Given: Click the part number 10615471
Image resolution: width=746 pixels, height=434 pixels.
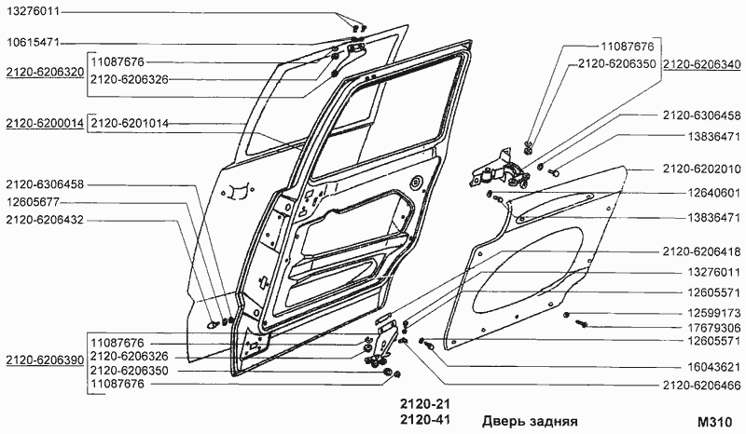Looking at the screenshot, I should (x=35, y=43).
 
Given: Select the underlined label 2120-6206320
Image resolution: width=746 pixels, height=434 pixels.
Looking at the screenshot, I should (x=45, y=70).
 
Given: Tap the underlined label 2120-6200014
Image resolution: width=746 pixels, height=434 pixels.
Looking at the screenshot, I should (x=45, y=123).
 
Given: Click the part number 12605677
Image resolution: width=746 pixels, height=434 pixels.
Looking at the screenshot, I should (x=35, y=201).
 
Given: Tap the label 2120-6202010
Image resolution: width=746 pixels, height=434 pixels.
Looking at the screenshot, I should (x=701, y=169).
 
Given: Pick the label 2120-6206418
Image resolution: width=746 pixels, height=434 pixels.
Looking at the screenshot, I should (x=701, y=251).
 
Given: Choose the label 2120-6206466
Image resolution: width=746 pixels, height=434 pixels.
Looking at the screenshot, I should (x=701, y=385).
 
